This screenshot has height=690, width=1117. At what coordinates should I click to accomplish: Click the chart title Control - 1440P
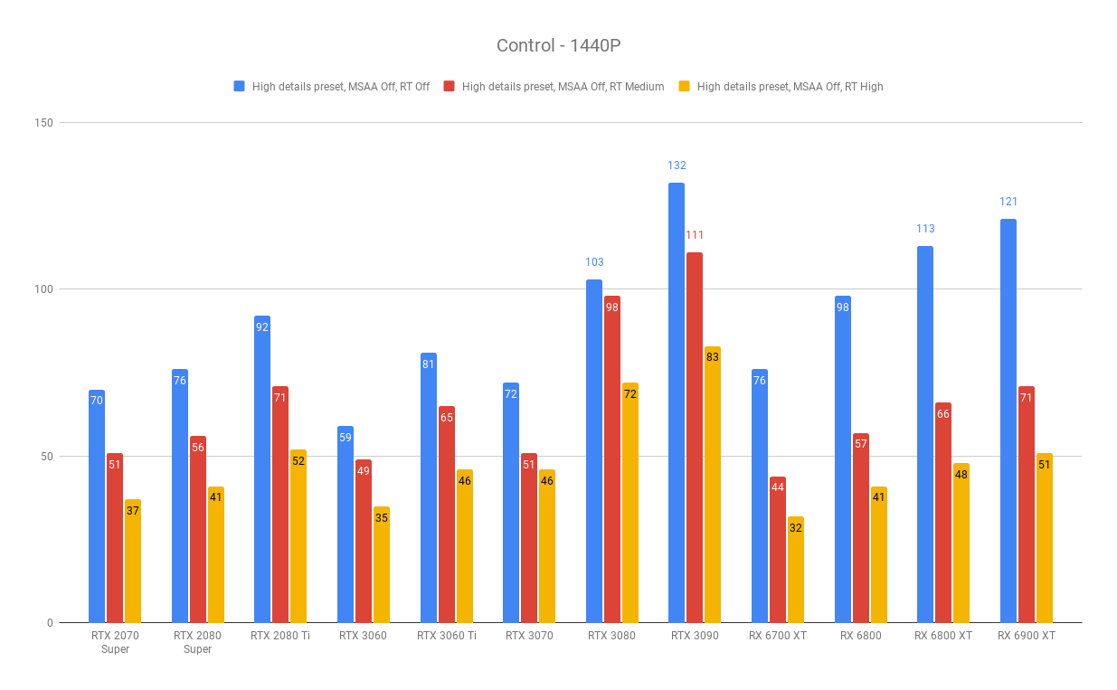559,45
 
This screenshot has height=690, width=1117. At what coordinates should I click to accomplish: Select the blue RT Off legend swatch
239,86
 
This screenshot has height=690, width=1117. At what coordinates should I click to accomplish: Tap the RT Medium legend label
563,87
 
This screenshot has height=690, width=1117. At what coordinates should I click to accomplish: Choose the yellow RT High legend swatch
684,86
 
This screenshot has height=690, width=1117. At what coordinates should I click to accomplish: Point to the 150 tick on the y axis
43,123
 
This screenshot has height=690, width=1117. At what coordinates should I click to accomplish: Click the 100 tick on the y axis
43,289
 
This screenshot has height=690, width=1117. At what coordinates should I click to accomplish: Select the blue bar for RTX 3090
677,402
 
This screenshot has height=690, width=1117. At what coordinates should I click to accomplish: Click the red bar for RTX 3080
611,459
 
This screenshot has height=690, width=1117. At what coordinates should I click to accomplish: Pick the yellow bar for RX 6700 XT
795,570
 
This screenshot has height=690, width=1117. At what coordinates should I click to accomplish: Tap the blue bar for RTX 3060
346,525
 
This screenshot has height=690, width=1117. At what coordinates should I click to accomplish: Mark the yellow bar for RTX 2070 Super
133,561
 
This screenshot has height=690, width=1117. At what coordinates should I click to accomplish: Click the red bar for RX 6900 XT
1027,505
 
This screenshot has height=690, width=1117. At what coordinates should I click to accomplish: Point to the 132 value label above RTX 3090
677,165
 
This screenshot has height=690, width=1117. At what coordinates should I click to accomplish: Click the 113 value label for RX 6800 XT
925,228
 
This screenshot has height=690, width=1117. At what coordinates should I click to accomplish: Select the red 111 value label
694,235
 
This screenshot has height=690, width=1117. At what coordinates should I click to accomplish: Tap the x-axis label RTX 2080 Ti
280,636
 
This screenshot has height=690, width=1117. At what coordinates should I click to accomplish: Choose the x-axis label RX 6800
861,636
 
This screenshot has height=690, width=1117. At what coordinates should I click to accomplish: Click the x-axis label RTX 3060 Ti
446,636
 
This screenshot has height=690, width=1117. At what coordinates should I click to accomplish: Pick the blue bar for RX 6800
843,459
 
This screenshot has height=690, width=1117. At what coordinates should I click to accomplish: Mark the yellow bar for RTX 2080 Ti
298,536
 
